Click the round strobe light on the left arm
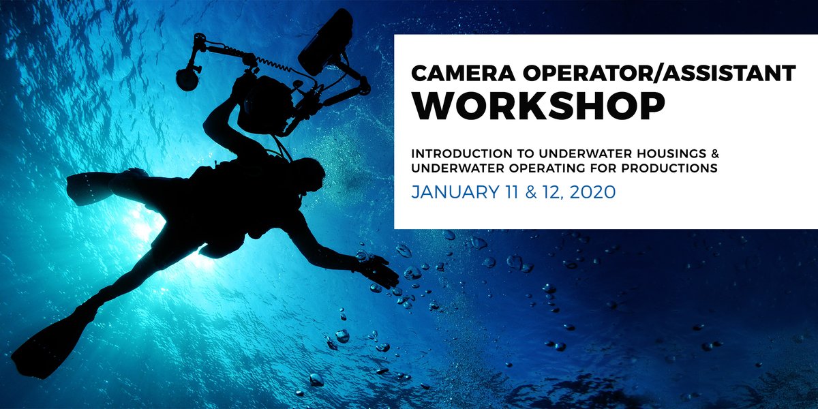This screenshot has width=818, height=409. coord(186,77)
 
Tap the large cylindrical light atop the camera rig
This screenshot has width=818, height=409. coord(325,41)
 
